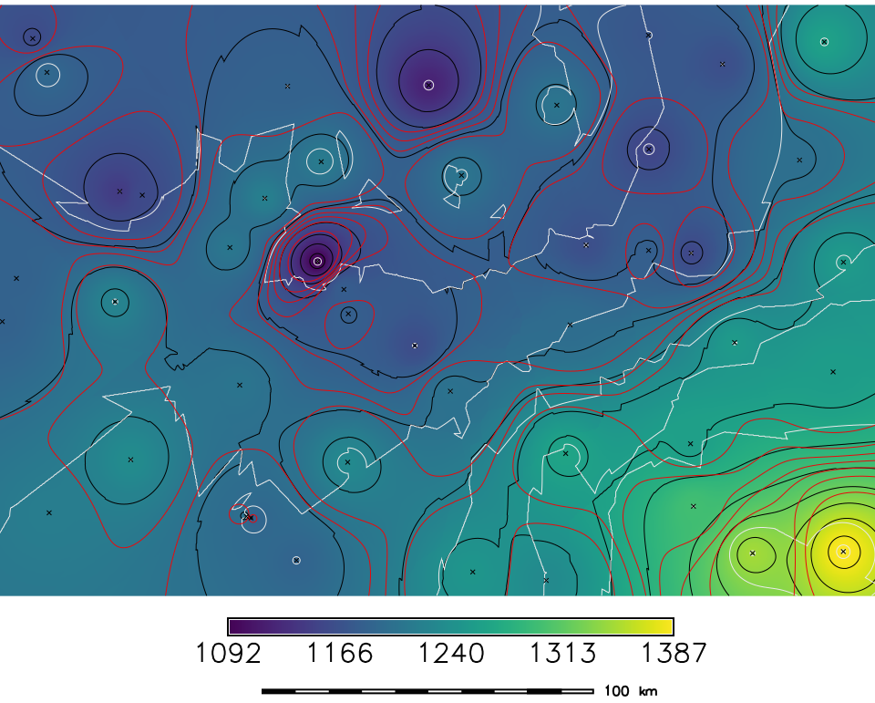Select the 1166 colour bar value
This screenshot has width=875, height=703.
tap(338, 654)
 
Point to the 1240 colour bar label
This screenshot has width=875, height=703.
tap(451, 654)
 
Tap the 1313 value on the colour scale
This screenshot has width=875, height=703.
tap(561, 654)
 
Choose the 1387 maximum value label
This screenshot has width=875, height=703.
tap(673, 654)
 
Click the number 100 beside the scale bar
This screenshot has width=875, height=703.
tap(617, 691)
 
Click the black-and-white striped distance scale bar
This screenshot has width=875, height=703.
tap(428, 691)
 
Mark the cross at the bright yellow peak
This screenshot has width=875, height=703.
tap(843, 551)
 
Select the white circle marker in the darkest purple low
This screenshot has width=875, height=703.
tap(317, 261)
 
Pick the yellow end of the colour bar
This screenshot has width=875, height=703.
tap(667, 626)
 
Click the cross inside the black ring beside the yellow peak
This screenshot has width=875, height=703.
tap(753, 553)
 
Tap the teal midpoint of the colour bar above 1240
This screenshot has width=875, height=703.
tap(451, 626)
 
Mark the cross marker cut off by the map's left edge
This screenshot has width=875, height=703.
tap(2, 321)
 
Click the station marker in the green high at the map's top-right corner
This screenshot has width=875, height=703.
tap(824, 41)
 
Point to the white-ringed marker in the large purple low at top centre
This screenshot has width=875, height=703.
tap(428, 85)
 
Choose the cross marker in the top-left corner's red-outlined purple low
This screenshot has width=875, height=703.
tap(33, 37)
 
